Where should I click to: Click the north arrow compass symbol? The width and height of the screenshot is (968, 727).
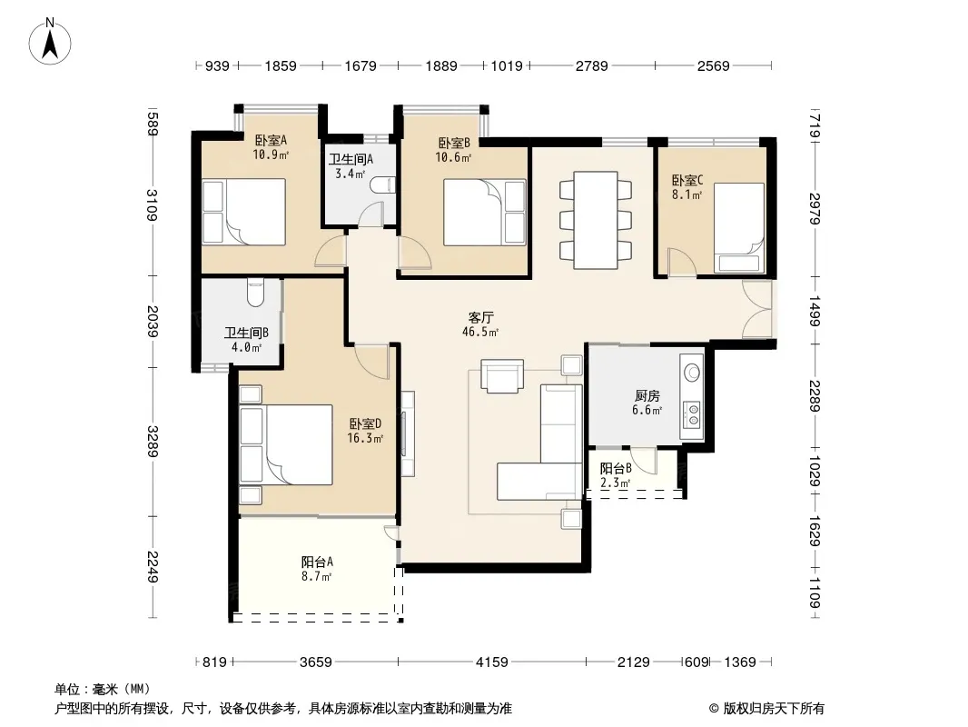50,42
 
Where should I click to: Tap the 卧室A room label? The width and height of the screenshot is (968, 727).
271,140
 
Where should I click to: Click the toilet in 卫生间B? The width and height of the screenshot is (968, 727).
255,292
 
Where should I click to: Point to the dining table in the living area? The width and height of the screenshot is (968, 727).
596,220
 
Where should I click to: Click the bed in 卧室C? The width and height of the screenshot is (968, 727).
739,227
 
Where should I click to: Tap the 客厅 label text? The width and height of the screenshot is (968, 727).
480,317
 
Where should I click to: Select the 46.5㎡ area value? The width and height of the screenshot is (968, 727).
480,333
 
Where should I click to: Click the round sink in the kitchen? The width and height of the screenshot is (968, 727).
692,373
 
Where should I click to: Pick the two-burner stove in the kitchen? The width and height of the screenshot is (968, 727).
691,414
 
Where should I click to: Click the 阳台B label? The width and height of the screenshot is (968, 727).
616,469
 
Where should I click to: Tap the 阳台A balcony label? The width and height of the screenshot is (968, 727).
317,563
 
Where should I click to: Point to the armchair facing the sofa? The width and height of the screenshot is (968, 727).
502,375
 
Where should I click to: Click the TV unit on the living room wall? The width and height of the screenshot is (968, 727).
408,433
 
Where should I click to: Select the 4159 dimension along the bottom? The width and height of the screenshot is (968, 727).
491,662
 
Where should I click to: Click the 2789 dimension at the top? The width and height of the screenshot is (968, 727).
591,65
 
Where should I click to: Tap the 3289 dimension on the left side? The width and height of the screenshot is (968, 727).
153,441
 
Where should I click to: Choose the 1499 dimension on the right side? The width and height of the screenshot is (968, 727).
815,311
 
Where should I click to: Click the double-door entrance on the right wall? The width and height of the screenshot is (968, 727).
757,309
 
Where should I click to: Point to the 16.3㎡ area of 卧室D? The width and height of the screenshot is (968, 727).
365,439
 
